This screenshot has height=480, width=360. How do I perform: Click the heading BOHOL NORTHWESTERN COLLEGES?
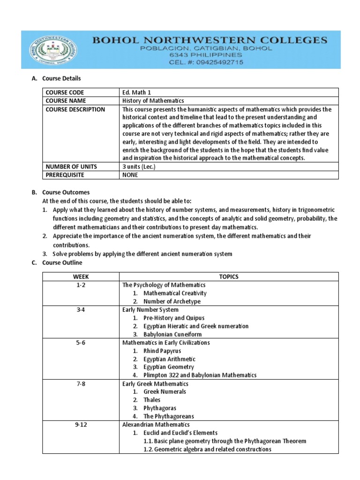click(210, 40)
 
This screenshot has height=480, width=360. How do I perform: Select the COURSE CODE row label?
click(65, 92)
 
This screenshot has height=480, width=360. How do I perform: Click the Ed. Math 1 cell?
click(136, 92)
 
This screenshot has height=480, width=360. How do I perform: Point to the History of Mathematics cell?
click(153, 101)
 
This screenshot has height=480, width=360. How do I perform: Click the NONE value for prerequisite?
click(130, 175)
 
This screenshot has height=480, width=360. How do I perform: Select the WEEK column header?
click(81, 277)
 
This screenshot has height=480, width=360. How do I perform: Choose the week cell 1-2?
click(81, 285)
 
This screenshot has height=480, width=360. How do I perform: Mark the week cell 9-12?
click(81, 425)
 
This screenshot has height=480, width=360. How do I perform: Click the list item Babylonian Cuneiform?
click(173, 334)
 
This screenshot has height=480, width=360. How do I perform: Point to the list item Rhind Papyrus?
click(162, 351)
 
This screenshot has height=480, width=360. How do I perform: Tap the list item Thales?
click(152, 400)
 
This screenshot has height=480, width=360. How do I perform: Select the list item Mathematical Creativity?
click(175, 293)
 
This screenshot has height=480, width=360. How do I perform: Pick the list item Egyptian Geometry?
click(169, 367)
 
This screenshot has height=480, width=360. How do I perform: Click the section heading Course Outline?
click(62, 262)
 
